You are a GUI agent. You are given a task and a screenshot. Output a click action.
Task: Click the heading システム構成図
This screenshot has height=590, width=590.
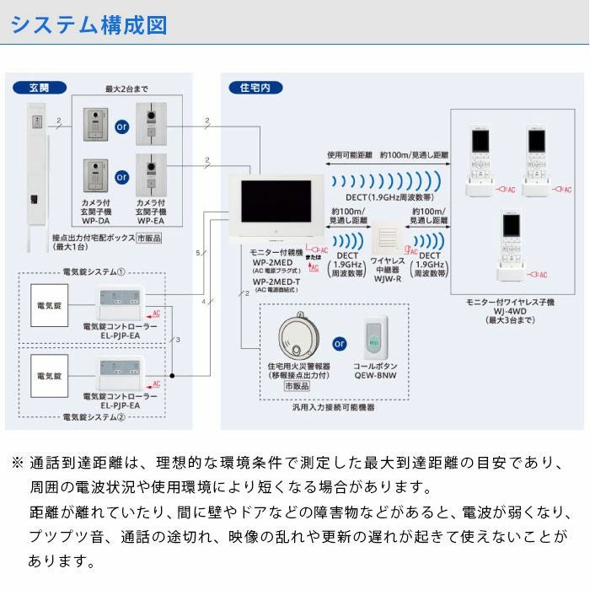click(x=88, y=24)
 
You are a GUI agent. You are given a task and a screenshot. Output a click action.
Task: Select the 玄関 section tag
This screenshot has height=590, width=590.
click(x=40, y=88)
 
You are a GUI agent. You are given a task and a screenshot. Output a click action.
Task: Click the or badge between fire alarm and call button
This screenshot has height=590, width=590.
click(x=340, y=344)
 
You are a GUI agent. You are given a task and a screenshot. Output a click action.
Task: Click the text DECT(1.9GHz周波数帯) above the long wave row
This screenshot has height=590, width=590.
click(x=391, y=197)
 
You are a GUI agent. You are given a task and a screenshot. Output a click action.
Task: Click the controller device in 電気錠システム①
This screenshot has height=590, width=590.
click(x=121, y=301)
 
